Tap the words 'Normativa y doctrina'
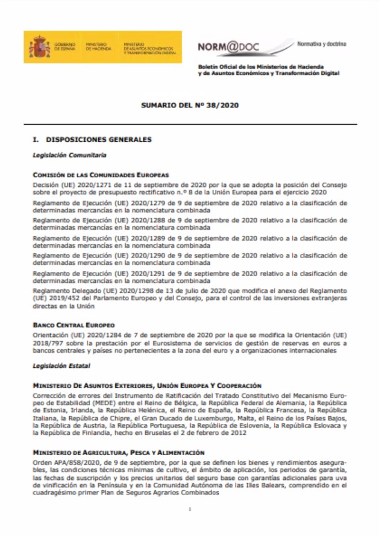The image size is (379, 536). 321,44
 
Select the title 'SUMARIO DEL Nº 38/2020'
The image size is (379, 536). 190,105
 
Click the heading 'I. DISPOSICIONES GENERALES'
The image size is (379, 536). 92,140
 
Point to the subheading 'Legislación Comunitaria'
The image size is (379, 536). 69,155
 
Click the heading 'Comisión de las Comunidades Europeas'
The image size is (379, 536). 101,174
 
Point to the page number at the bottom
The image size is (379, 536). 189,510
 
